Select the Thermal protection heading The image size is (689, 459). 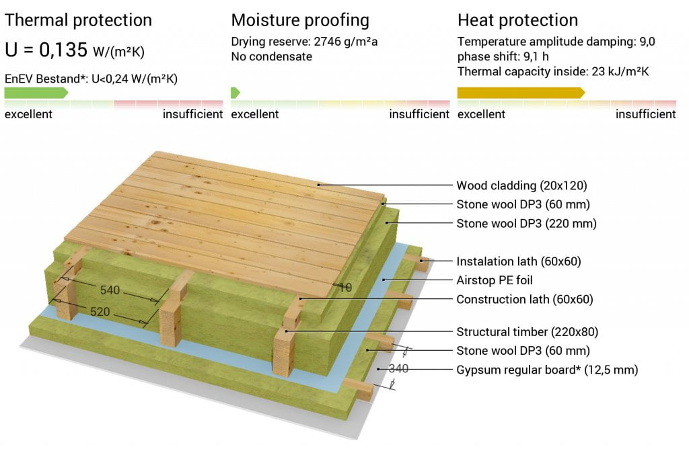pyautogui.click(x=78, y=20)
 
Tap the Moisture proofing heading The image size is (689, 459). pyautogui.click(x=300, y=20)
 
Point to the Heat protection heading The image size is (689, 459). pyautogui.click(x=517, y=20)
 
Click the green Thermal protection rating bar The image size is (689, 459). pyautogui.click(x=36, y=93)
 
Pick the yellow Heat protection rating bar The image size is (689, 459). pyautogui.click(x=521, y=93)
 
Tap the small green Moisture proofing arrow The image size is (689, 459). pyautogui.click(x=235, y=93)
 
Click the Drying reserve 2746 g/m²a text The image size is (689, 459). pyautogui.click(x=304, y=42)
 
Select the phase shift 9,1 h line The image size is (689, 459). pyautogui.click(x=503, y=56)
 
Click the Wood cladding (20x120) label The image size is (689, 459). pyautogui.click(x=521, y=185)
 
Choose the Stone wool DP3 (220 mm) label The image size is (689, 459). pyautogui.click(x=526, y=223)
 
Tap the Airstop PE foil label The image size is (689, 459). pyautogui.click(x=495, y=280)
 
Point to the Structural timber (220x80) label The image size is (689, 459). pyautogui.click(x=528, y=332)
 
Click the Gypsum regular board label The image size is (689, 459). pyautogui.click(x=547, y=370)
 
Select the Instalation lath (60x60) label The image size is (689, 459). pyautogui.click(x=519, y=261)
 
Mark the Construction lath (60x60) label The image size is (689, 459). pyautogui.click(x=525, y=299)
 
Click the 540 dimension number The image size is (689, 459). pyautogui.click(x=110, y=290)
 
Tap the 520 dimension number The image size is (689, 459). pyautogui.click(x=100, y=312)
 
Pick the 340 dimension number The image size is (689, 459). pyautogui.click(x=398, y=368)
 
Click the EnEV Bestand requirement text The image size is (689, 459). pyautogui.click(x=91, y=79)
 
